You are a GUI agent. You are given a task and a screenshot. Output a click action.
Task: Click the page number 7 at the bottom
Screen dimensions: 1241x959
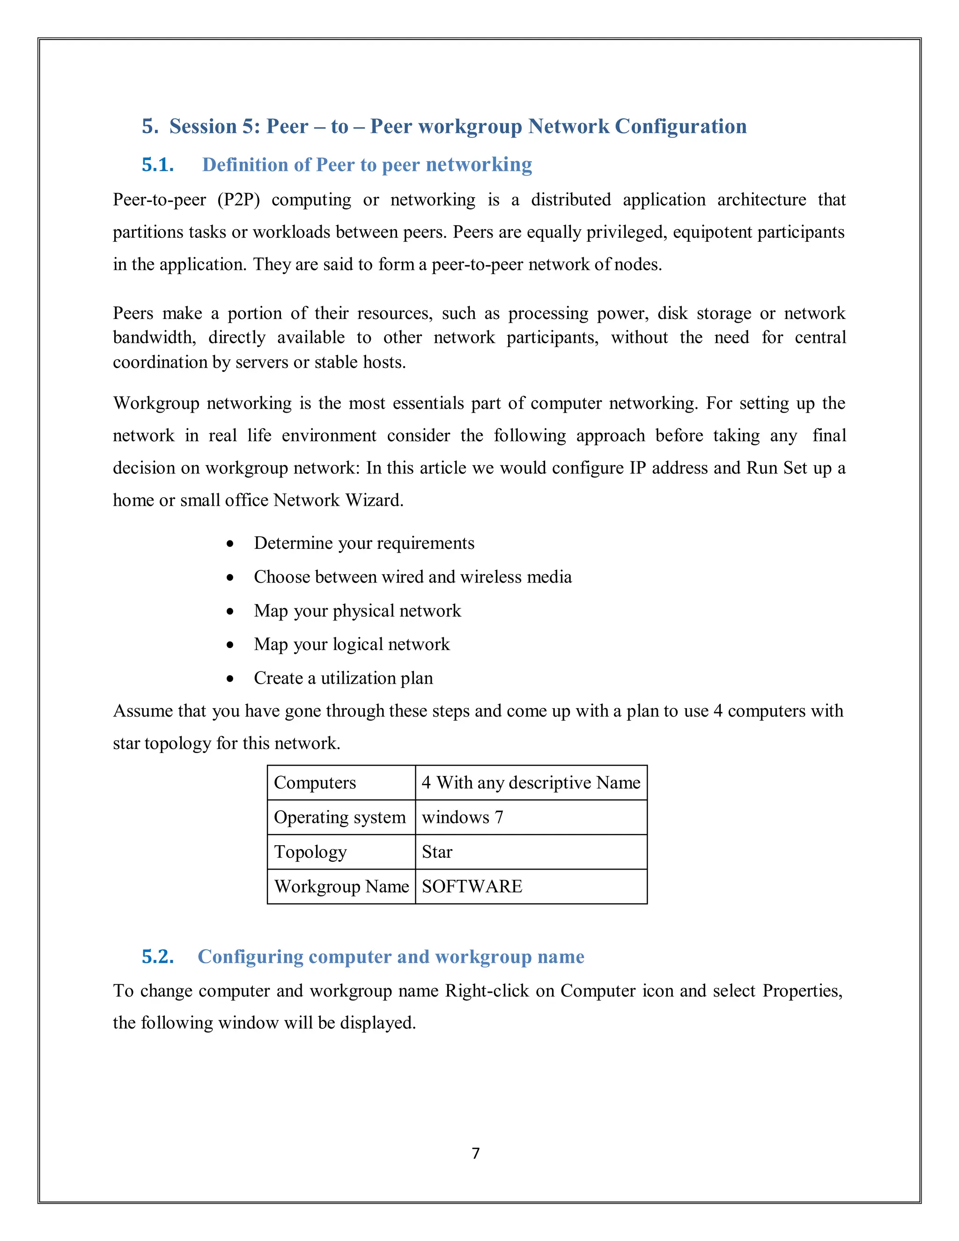(476, 1153)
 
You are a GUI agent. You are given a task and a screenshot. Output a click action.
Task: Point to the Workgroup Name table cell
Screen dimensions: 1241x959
(341, 886)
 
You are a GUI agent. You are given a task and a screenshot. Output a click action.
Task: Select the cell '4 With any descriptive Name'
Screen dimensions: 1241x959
(531, 783)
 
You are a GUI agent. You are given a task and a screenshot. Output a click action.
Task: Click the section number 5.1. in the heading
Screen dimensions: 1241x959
(157, 165)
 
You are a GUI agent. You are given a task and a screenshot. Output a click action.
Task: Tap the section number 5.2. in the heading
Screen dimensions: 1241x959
(157, 957)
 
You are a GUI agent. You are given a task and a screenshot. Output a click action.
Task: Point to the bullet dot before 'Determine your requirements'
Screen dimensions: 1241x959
(230, 544)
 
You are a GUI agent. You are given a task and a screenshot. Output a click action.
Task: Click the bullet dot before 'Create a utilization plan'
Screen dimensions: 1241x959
(230, 679)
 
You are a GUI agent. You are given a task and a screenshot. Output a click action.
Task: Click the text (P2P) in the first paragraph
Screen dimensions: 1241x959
(239, 200)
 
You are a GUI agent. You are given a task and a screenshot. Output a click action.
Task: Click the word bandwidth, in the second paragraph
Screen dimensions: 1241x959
(155, 338)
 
